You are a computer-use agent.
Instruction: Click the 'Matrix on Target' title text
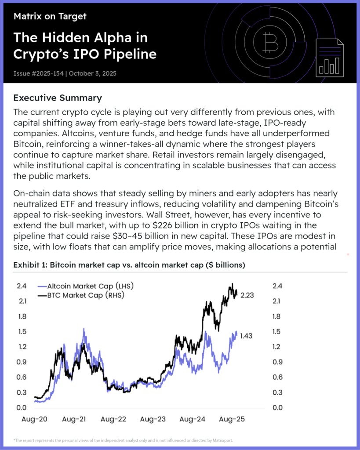coord(50,17)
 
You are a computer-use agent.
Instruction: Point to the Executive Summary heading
coord(58,98)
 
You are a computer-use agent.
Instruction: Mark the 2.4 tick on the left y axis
coord(22,286)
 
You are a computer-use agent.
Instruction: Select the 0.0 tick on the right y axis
coord(278,408)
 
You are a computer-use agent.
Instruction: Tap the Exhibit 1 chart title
coord(129,265)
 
